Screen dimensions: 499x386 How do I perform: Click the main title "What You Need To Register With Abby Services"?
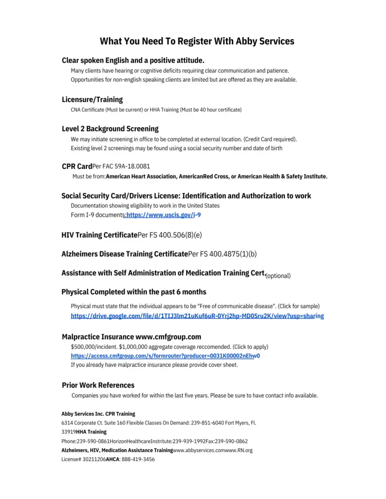(x=197, y=41)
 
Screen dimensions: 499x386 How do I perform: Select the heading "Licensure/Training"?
(x=92, y=99)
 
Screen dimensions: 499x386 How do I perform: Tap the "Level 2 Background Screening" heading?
(x=110, y=129)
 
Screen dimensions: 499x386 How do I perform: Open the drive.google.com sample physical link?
(x=197, y=316)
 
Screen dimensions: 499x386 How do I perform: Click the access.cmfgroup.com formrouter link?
(x=165, y=356)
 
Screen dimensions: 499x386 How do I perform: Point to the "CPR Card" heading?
(x=77, y=166)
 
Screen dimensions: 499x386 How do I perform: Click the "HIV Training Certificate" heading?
(x=99, y=235)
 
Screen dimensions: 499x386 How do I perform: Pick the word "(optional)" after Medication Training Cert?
(x=278, y=276)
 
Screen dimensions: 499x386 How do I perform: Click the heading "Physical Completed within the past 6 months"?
(x=134, y=292)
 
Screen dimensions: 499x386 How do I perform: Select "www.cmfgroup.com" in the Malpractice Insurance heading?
(x=168, y=337)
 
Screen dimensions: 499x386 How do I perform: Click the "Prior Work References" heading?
(x=98, y=385)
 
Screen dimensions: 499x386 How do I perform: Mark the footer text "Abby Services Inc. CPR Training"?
(x=98, y=414)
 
